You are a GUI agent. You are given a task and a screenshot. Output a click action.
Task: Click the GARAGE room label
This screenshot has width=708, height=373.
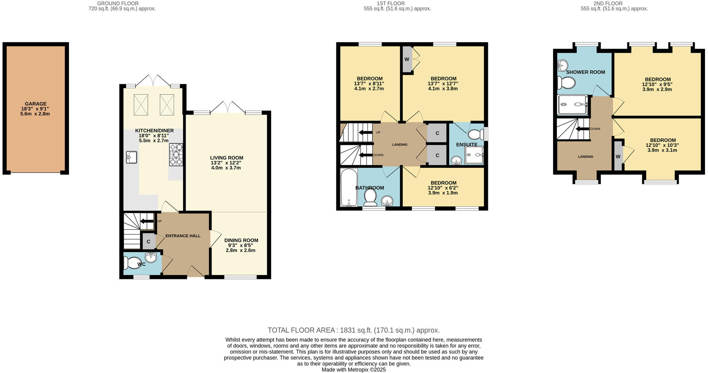point(36,104)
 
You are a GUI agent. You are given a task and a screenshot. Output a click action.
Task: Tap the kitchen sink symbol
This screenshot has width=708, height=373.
point(131,157)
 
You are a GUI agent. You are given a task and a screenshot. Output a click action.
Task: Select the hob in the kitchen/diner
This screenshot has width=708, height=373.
point(176,154)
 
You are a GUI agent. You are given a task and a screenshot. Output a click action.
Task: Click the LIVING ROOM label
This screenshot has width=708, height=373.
point(226,158)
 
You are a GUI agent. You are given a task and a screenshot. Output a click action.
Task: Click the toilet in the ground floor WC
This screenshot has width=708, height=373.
point(131,263)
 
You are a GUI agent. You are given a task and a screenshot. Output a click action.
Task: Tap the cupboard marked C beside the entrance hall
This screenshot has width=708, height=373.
point(148,242)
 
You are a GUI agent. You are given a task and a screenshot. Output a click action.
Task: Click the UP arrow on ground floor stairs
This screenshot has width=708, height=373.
point(147,221)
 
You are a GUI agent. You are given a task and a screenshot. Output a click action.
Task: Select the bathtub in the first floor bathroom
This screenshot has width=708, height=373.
point(349,188)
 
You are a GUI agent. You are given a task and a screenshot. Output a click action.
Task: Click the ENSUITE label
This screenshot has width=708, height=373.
point(466,145)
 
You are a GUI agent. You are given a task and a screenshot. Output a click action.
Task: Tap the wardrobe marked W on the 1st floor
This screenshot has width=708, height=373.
point(406,59)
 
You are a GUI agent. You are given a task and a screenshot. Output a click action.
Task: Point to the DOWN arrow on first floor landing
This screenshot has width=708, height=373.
point(365,155)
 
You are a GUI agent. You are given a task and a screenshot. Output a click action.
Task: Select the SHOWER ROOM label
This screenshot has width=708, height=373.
point(585,72)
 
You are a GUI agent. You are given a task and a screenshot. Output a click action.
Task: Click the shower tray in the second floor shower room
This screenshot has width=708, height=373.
point(573,104)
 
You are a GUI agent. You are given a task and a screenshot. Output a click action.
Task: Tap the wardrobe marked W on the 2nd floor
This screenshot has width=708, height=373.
point(618,157)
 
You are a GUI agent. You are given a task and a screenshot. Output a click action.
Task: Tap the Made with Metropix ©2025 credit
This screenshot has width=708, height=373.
point(354,370)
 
